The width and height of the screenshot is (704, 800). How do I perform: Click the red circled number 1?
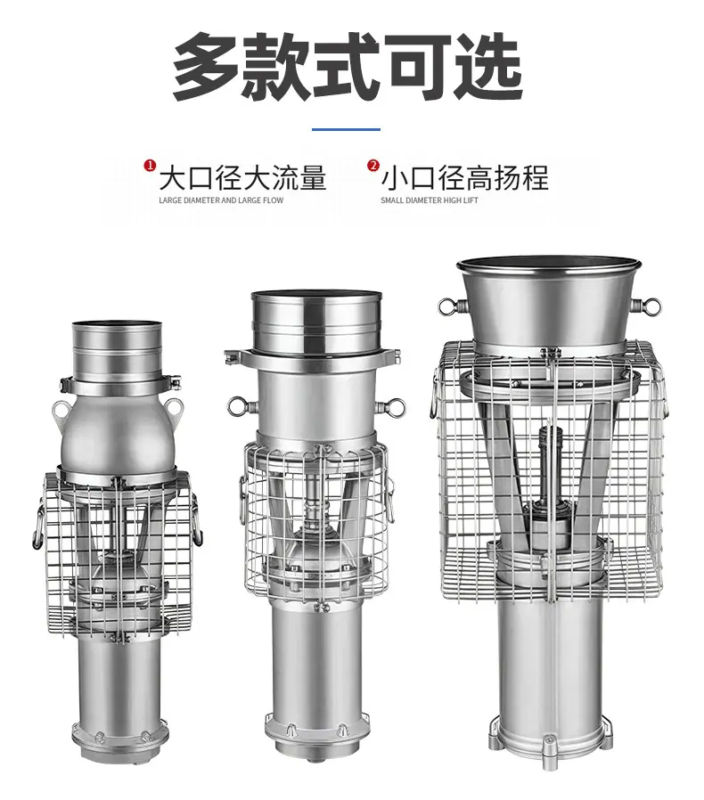150,166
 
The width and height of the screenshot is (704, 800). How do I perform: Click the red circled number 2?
373,166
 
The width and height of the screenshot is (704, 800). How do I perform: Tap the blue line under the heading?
346,129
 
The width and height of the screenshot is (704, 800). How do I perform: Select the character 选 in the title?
489,66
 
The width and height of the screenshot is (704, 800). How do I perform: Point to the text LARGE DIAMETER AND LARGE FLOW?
221,200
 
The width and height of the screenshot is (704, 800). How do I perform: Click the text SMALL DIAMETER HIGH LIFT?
430,200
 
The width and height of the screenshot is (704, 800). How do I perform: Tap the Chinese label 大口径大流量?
242,177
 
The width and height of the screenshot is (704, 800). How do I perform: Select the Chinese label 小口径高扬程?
464,177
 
